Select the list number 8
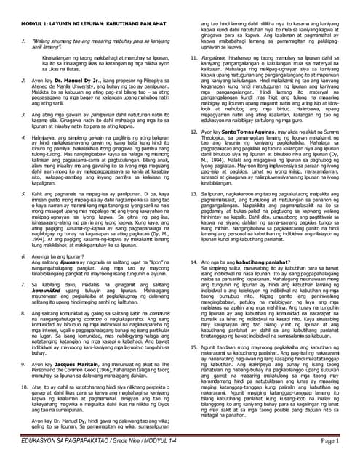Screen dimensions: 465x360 click(22, 311)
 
